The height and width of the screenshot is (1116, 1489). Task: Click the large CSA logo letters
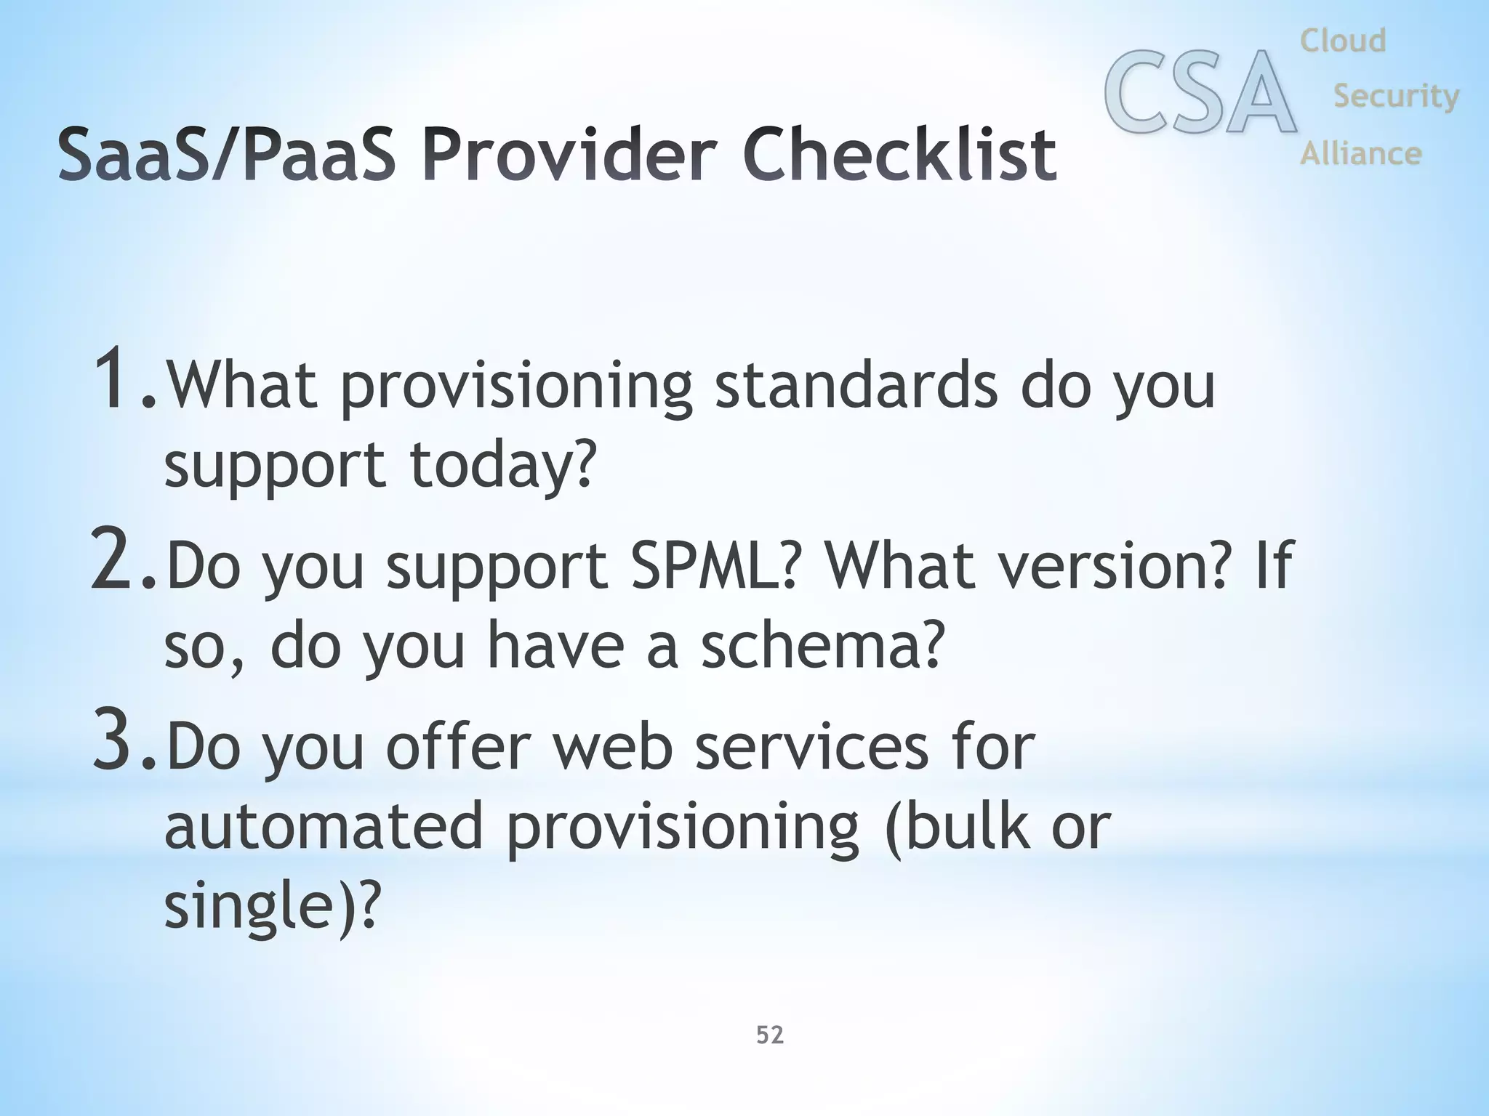1200,93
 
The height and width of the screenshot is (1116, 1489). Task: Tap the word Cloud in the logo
1343,41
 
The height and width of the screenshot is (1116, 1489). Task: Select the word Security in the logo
1396,96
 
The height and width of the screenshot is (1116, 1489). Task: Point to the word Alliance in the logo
1360,153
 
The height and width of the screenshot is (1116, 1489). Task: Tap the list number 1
116,379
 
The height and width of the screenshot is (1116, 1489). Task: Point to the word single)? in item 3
272,905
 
